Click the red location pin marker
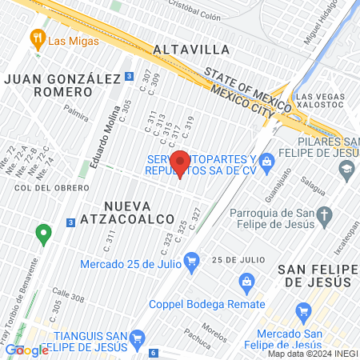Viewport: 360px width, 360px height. [181, 163]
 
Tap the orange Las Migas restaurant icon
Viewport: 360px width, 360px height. [36, 38]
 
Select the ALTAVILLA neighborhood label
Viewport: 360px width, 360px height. [190, 49]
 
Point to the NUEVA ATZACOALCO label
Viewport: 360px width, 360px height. [139, 212]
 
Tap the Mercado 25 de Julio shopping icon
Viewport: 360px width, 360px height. [191, 261]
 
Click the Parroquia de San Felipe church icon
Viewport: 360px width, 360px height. [323, 214]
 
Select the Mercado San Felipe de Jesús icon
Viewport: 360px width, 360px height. [302, 310]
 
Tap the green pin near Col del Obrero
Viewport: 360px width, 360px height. [43, 234]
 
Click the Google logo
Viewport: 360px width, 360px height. [26, 350]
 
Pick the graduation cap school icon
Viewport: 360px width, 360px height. [346, 169]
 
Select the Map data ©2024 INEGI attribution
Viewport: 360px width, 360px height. [312, 354]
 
